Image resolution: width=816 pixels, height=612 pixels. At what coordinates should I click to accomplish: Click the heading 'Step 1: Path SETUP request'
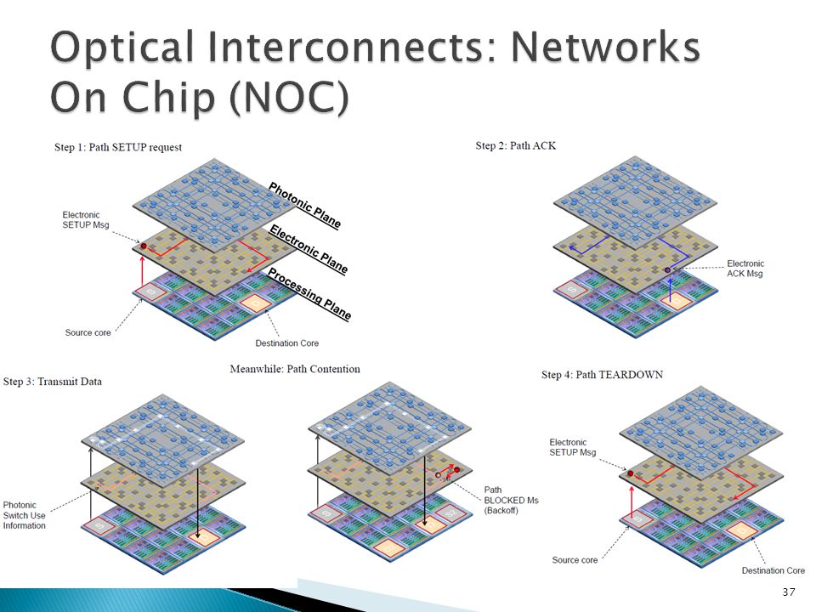118,147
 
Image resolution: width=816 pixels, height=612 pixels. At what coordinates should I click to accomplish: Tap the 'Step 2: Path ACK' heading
515,145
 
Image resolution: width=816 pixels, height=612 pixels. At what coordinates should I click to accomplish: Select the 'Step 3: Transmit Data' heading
53,382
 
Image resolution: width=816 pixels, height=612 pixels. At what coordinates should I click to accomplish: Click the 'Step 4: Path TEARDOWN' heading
602,375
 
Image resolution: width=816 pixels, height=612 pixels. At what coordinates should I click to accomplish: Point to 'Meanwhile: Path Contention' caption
295,369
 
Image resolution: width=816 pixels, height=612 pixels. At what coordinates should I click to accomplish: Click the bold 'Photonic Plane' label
304,206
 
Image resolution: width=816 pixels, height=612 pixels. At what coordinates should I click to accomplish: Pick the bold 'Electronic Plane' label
309,249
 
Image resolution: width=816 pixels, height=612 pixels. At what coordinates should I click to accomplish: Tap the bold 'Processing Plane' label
309,294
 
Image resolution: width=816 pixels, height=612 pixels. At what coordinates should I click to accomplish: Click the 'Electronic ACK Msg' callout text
745,269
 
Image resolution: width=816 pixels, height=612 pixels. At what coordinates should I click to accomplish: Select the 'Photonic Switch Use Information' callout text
24,515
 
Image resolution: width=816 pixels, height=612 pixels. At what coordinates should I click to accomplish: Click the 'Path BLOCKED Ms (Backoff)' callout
511,500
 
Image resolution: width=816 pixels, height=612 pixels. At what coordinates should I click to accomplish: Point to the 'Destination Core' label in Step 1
286,343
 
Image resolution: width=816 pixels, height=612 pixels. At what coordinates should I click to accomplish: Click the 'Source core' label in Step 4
575,560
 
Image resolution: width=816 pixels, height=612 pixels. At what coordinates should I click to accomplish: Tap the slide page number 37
789,592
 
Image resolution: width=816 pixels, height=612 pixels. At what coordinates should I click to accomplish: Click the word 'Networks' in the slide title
605,48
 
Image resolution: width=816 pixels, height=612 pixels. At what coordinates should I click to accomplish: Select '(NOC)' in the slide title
289,97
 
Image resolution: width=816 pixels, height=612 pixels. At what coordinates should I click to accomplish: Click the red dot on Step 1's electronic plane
144,246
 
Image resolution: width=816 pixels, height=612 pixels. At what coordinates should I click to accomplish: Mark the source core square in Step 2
572,289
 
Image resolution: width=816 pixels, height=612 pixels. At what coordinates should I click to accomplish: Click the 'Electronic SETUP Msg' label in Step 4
572,447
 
